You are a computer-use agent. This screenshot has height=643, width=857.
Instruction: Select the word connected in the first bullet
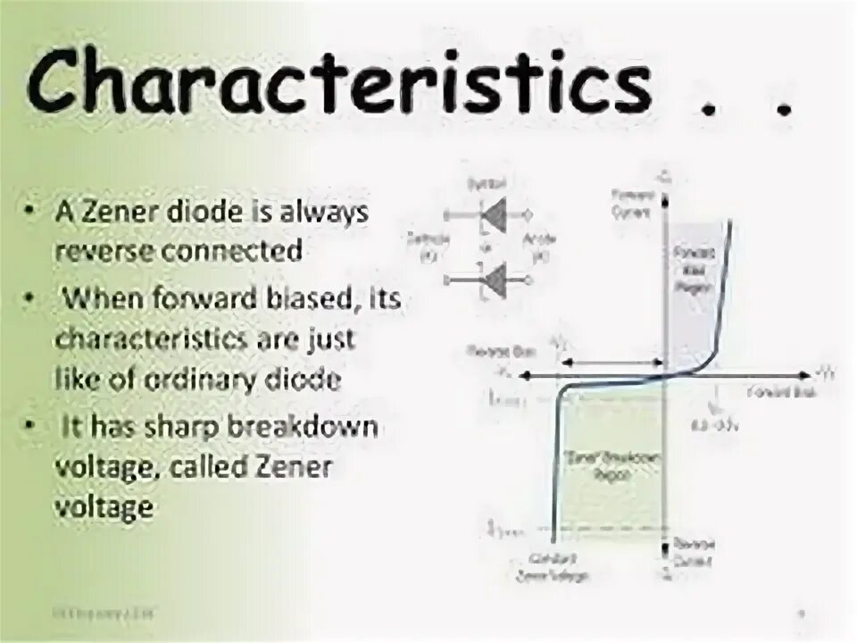(231, 251)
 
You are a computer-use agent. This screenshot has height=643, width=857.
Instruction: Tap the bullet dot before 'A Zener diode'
(32, 213)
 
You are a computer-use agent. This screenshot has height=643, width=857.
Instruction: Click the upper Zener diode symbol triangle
(494, 214)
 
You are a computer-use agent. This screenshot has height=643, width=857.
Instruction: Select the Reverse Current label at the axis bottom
(694, 551)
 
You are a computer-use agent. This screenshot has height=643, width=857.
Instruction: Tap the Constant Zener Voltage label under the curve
(553, 569)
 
